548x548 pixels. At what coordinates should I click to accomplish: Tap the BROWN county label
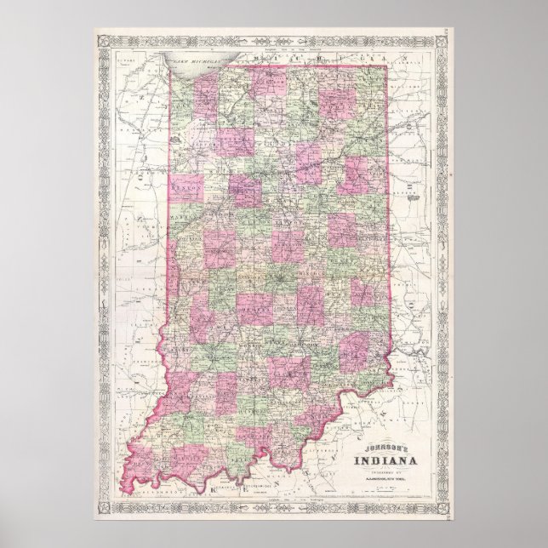(x=277, y=336)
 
